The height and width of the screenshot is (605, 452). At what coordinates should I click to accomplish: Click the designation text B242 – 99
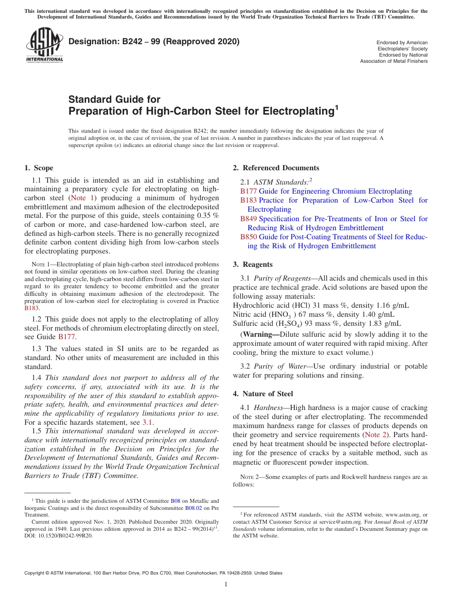pos(133,42)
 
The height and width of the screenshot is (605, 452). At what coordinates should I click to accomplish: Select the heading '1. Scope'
pos(39,168)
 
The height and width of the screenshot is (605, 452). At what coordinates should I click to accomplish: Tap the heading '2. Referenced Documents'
pos(276,168)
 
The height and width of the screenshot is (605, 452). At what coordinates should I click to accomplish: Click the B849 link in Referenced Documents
pos(248,219)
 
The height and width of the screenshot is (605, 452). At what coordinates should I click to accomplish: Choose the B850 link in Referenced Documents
pos(248,237)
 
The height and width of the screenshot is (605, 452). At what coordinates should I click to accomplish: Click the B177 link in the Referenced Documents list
pos(248,191)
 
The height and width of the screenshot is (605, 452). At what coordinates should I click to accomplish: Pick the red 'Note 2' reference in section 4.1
pos(374,435)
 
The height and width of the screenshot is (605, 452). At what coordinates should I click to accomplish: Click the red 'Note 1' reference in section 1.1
pos(83,198)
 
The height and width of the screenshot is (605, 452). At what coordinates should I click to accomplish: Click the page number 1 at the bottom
pos(226,584)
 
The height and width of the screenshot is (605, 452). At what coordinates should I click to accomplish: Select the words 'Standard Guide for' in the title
pos(115,99)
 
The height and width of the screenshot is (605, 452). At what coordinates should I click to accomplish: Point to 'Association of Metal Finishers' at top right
pos(393,61)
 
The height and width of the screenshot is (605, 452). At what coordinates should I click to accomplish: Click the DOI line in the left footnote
pos(59,535)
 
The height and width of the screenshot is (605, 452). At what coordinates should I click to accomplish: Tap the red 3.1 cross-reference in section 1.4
pos(147,422)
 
